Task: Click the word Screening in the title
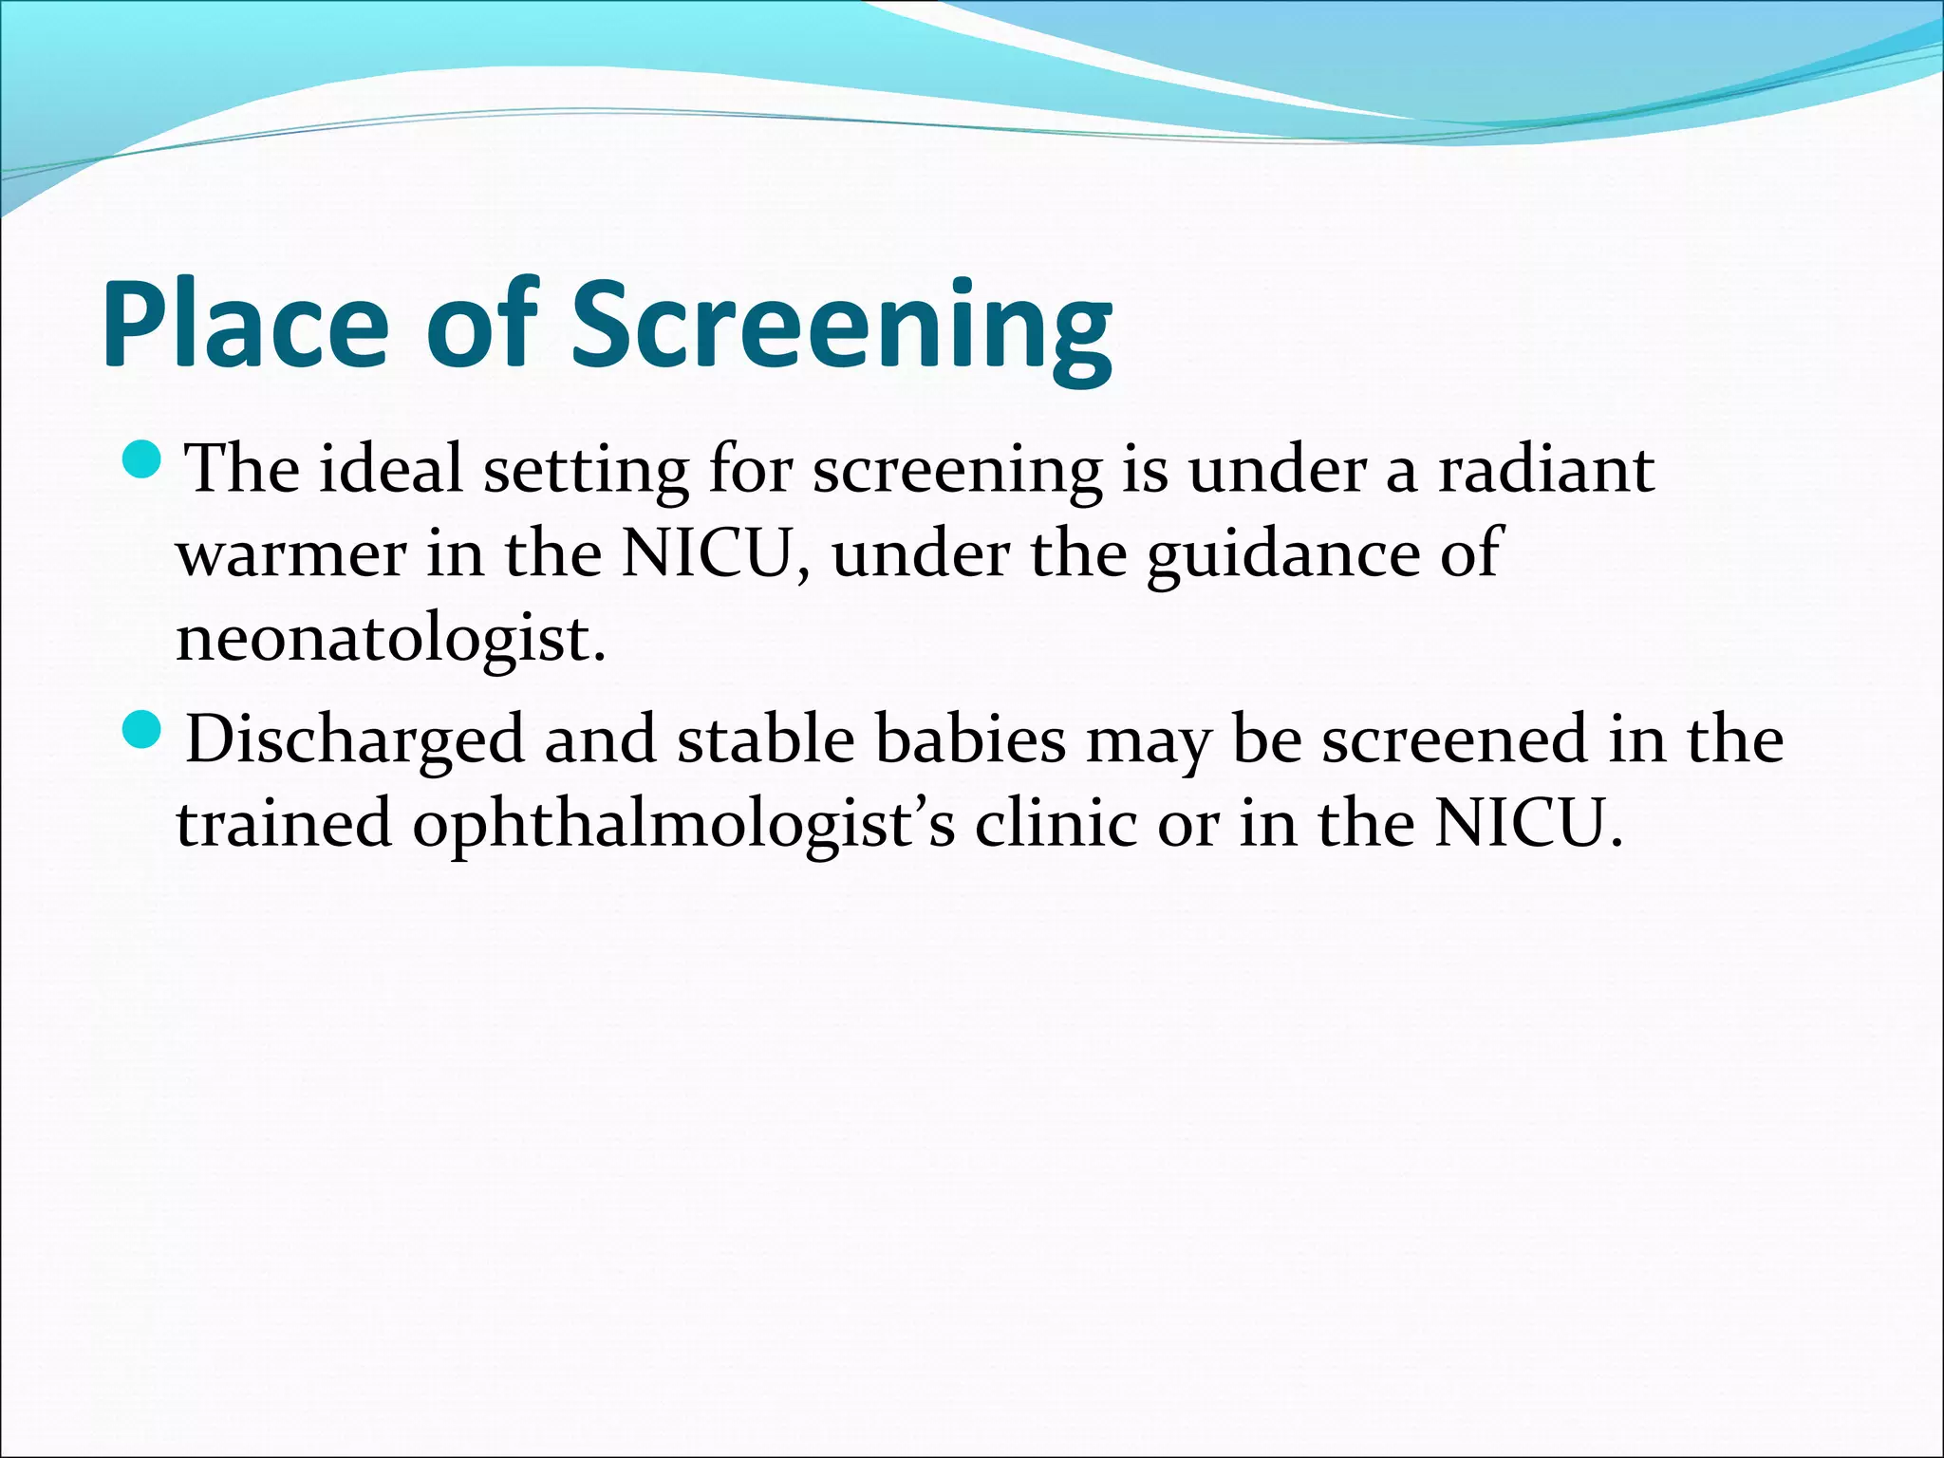(x=841, y=327)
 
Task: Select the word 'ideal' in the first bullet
(x=390, y=469)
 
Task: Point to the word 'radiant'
(x=1546, y=469)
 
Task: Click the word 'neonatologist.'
(x=390, y=639)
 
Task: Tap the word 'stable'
(x=765, y=739)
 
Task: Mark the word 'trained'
(x=284, y=822)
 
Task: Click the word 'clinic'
(x=1055, y=822)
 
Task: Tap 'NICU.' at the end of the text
(x=1528, y=822)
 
